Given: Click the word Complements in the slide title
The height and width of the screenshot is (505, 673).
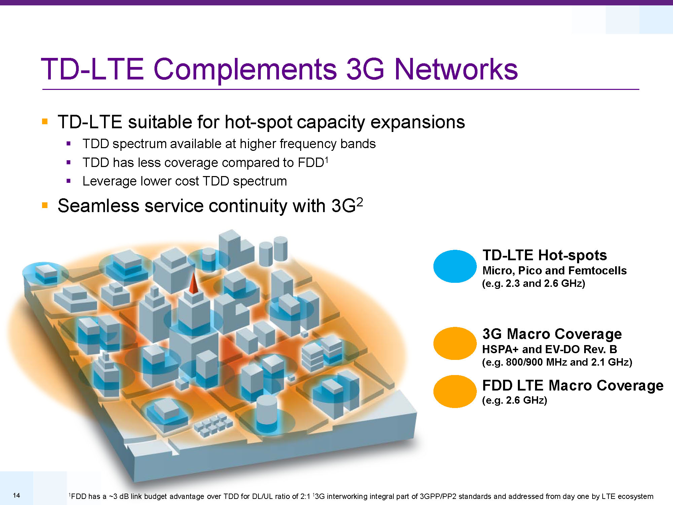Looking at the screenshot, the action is point(245,70).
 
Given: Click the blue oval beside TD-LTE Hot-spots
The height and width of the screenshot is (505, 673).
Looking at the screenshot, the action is point(455,266).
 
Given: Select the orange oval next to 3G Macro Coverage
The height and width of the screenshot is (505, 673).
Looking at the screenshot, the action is point(455,343).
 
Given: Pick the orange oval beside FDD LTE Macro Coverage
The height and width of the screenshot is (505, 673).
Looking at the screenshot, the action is point(455,391).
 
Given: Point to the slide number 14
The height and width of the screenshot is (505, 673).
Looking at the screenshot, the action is point(16,495).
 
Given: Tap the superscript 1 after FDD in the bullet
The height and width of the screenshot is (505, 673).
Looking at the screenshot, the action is point(326,160).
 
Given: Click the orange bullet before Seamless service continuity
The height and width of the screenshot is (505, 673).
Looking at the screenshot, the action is point(45,205).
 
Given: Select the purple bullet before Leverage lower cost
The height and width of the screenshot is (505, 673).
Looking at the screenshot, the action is point(69,181).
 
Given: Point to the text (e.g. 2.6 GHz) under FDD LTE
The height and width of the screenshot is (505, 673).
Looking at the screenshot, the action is point(515,400).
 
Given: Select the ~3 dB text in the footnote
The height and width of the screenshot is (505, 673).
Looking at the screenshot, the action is point(119,496).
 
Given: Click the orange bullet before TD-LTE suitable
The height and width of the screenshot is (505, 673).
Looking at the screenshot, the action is point(45,121).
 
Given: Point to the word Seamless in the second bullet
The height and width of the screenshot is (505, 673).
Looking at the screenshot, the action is point(98,206).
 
